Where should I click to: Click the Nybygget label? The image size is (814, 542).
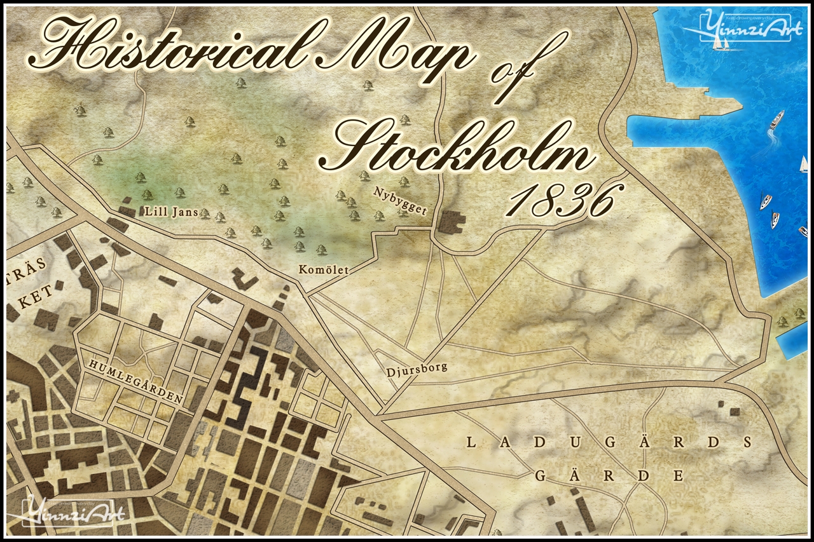(x=400, y=201)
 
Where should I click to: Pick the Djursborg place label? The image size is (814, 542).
(x=417, y=368)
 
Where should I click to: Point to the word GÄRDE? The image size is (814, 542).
(x=609, y=476)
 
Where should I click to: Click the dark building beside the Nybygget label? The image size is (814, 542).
(x=453, y=221)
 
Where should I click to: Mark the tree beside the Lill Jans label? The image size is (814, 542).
(x=205, y=213)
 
